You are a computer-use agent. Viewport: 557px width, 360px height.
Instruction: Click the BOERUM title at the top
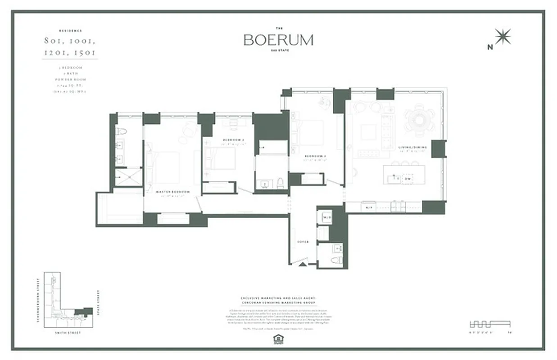tap(278, 40)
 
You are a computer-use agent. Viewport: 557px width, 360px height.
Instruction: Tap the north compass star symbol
tap(503, 37)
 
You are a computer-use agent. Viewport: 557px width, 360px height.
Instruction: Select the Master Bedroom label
tap(172, 192)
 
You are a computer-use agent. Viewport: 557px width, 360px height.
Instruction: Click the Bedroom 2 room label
tap(233, 140)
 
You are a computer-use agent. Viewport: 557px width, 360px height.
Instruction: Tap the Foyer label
tap(303, 242)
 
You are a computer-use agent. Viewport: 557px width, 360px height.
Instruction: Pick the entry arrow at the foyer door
tap(303, 265)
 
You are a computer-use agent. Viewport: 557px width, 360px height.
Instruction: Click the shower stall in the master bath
tap(127, 177)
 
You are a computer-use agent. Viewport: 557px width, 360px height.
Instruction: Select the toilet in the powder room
tap(337, 261)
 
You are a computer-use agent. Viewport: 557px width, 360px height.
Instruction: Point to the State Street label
tap(98, 303)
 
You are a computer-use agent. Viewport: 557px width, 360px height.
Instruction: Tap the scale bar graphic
tap(490, 324)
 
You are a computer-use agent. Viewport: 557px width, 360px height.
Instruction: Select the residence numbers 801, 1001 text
tap(69, 41)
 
